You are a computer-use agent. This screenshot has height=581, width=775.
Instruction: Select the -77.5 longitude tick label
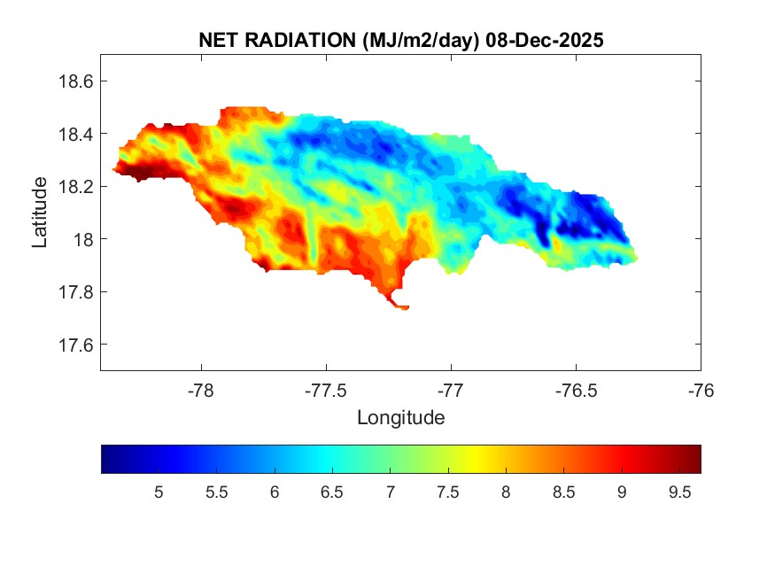(x=327, y=390)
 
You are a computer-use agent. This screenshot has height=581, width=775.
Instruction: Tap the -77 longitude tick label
(x=452, y=390)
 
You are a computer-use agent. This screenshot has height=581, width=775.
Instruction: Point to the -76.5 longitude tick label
(x=577, y=390)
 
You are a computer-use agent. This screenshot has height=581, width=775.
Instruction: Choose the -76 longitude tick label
(x=701, y=390)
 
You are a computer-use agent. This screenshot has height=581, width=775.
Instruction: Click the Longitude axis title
(x=400, y=417)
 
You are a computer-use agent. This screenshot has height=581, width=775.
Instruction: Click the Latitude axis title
(x=41, y=212)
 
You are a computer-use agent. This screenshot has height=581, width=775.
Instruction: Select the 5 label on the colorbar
(x=159, y=492)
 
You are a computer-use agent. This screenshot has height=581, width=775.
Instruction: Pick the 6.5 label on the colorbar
(x=332, y=492)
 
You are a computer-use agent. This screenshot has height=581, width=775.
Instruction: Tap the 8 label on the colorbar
(x=506, y=492)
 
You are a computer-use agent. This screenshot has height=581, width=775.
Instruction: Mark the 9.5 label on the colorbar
(x=679, y=492)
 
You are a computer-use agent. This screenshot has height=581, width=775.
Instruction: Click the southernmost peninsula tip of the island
(x=404, y=308)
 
